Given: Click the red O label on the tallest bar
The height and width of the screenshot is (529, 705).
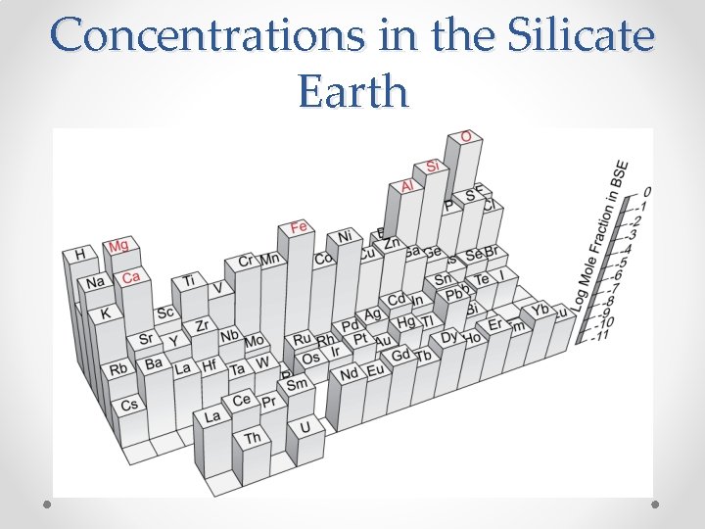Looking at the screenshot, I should tap(466, 136).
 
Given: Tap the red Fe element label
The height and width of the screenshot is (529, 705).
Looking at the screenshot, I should tap(299, 227).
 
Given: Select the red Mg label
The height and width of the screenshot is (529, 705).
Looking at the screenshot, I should tap(118, 245).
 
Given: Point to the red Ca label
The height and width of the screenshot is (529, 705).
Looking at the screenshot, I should tap(130, 277).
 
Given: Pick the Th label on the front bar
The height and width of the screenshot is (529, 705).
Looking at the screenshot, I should tap(252, 438).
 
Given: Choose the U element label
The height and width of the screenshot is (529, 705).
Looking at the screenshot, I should tap(305, 427).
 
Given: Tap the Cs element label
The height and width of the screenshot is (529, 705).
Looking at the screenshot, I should tap(129, 404).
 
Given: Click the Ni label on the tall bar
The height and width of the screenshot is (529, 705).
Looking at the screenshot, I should tap(345, 236).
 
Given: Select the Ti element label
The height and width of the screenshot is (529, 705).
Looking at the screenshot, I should tap(188, 281).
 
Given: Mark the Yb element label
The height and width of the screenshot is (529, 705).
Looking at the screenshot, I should tap(540, 309).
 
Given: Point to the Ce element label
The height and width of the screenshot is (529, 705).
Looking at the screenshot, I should tap(241, 399).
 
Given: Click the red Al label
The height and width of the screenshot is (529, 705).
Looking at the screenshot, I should tap(407, 185).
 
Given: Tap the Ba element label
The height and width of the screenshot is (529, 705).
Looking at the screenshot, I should tap(154, 362).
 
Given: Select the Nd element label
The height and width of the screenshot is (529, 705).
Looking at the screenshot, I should tap(349, 373).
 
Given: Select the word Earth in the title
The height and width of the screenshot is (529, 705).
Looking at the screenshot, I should tap(352, 91).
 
